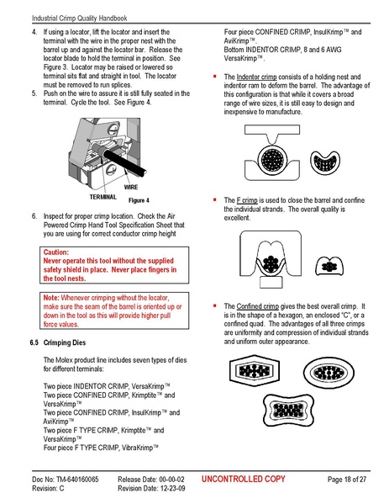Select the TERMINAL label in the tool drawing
coord(102,195)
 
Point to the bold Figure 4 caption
coord(137,202)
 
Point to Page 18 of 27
coord(345,479)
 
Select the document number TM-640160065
coord(74,479)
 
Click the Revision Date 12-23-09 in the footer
coord(169,488)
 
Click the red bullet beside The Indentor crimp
coord(216,77)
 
